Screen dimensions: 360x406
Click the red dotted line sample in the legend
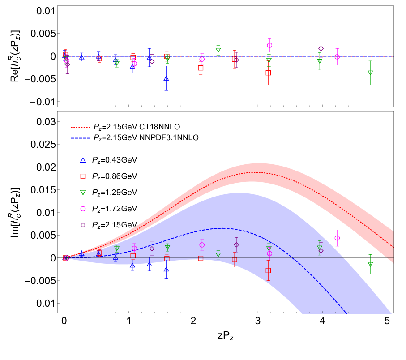pyautogui.click(x=81, y=127)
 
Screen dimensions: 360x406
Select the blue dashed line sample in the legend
pyautogui.click(x=81, y=138)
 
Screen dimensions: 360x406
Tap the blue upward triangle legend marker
pyautogui.click(x=83, y=160)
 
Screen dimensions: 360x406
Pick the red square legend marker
pyautogui.click(x=83, y=176)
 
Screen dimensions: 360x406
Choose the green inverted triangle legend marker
pyautogui.click(x=83, y=193)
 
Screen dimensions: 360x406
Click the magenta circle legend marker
pyautogui.click(x=83, y=209)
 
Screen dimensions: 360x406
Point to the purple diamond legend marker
pyautogui.click(x=83, y=225)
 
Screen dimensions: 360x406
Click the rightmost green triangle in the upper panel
pyautogui.click(x=370, y=73)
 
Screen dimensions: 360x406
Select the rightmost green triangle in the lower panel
pyautogui.click(x=370, y=264)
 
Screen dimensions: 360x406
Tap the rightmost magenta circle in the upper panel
pyautogui.click(x=337, y=57)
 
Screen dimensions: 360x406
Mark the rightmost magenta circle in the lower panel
pyautogui.click(x=337, y=238)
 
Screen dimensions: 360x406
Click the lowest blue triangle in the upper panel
pyautogui.click(x=166, y=78)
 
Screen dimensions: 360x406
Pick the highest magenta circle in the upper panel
pyautogui.click(x=269, y=45)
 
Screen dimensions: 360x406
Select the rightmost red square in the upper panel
pyautogui.click(x=268, y=73)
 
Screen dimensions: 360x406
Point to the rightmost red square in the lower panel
pyautogui.click(x=268, y=270)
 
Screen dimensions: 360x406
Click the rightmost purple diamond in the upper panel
pyautogui.click(x=321, y=49)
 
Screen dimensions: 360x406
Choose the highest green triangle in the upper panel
pyautogui.click(x=218, y=50)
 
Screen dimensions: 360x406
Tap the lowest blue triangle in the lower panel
pyautogui.click(x=166, y=270)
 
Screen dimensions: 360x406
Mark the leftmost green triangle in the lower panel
pyautogui.click(x=117, y=249)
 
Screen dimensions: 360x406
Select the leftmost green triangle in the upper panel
pyautogui.click(x=117, y=64)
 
